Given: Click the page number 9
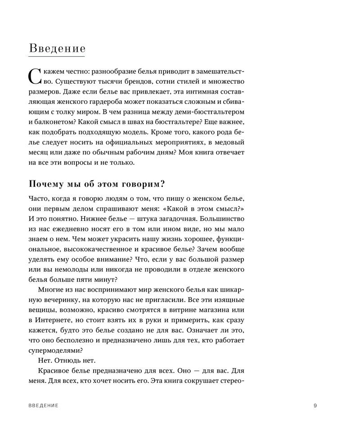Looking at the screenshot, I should point(315,405).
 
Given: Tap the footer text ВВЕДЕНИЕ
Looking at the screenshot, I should point(43,405).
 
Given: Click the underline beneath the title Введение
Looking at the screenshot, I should point(57,56).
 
